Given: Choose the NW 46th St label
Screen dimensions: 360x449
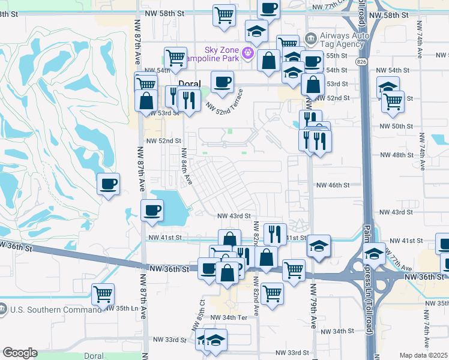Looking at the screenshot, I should (x=333, y=185).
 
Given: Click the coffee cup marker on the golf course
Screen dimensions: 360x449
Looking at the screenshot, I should (x=108, y=184).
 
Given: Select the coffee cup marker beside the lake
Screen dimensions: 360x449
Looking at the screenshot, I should (x=152, y=210).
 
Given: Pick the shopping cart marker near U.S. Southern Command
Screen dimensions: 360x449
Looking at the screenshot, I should (x=103, y=295).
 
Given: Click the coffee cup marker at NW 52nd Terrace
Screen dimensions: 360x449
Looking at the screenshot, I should (x=222, y=81).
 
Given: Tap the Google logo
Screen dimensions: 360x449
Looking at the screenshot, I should (x=20, y=353).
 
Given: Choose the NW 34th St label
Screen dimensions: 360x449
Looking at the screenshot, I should (x=337, y=331).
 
